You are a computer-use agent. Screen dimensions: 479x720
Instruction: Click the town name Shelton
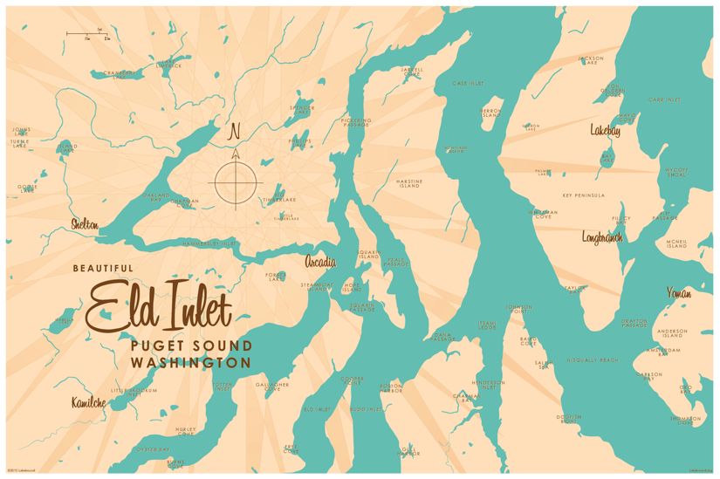(85, 225)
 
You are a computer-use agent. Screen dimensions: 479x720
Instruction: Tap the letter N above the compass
(233, 133)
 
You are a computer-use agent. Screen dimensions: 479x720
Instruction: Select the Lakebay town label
(606, 130)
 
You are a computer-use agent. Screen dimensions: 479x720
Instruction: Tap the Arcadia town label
(321, 261)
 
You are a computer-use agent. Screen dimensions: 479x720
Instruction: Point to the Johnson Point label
(520, 309)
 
